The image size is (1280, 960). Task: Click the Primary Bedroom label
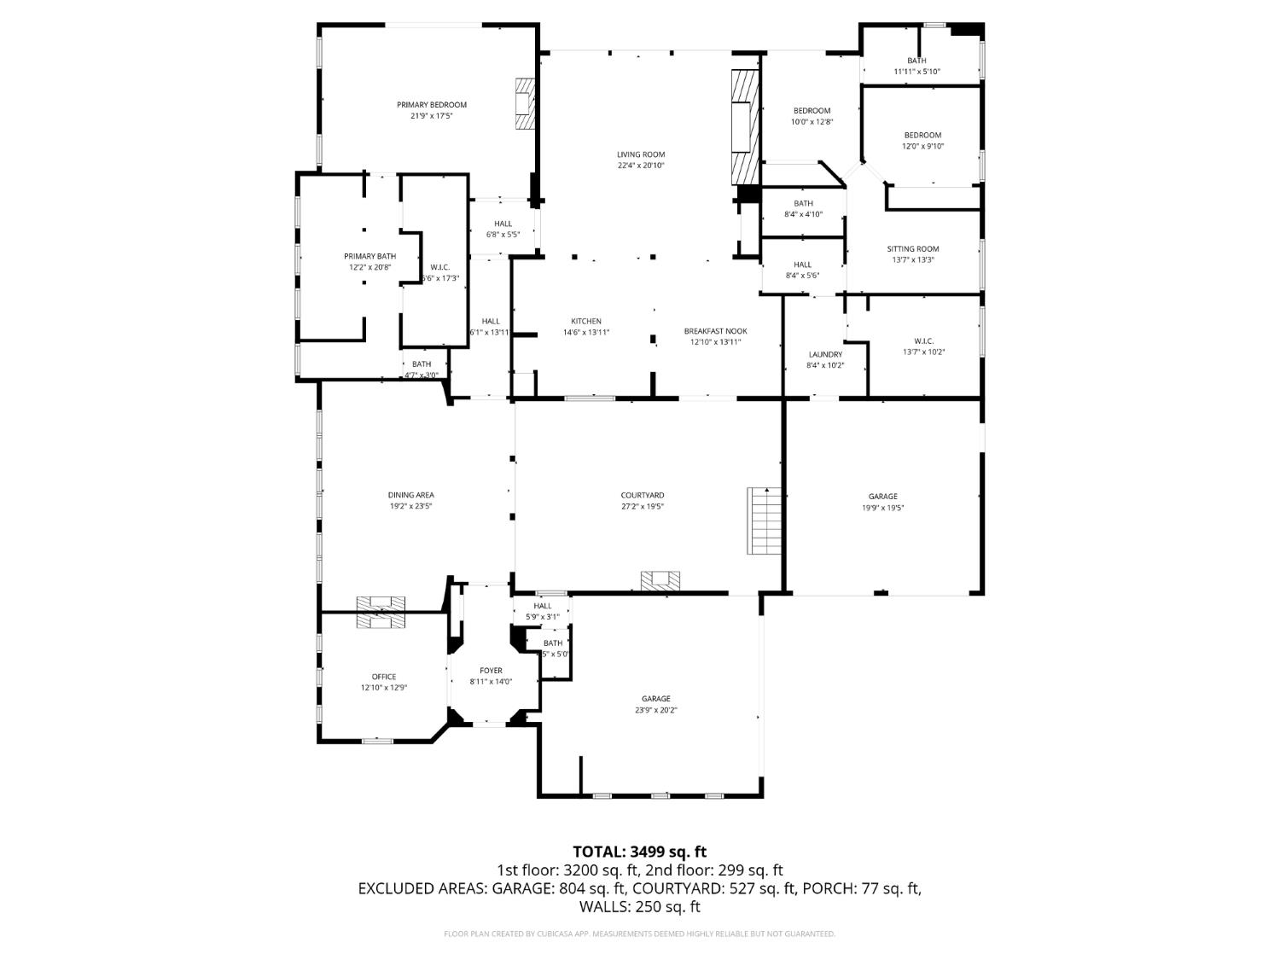tap(431, 105)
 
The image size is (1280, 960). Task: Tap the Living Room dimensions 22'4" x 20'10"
tap(640, 166)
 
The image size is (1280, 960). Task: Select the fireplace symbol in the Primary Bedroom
tap(524, 103)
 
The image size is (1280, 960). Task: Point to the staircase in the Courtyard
tap(765, 520)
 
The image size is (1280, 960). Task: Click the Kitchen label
tap(585, 322)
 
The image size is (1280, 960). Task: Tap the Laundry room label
tap(824, 355)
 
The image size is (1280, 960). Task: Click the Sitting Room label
tap(912, 249)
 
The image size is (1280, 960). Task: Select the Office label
tap(383, 677)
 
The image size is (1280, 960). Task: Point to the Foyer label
tap(491, 671)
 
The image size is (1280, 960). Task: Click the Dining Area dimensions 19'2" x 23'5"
tap(410, 506)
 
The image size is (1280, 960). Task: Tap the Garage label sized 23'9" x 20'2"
tap(655, 699)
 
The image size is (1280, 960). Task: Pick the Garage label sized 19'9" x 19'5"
tap(882, 497)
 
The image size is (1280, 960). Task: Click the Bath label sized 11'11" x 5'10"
tap(916, 61)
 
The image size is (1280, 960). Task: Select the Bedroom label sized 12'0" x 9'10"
tap(922, 135)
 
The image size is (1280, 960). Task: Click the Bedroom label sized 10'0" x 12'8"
tap(811, 111)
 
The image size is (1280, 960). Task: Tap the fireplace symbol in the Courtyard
tap(660, 580)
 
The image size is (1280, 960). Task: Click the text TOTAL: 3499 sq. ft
tap(639, 852)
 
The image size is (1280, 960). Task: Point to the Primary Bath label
tap(369, 256)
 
